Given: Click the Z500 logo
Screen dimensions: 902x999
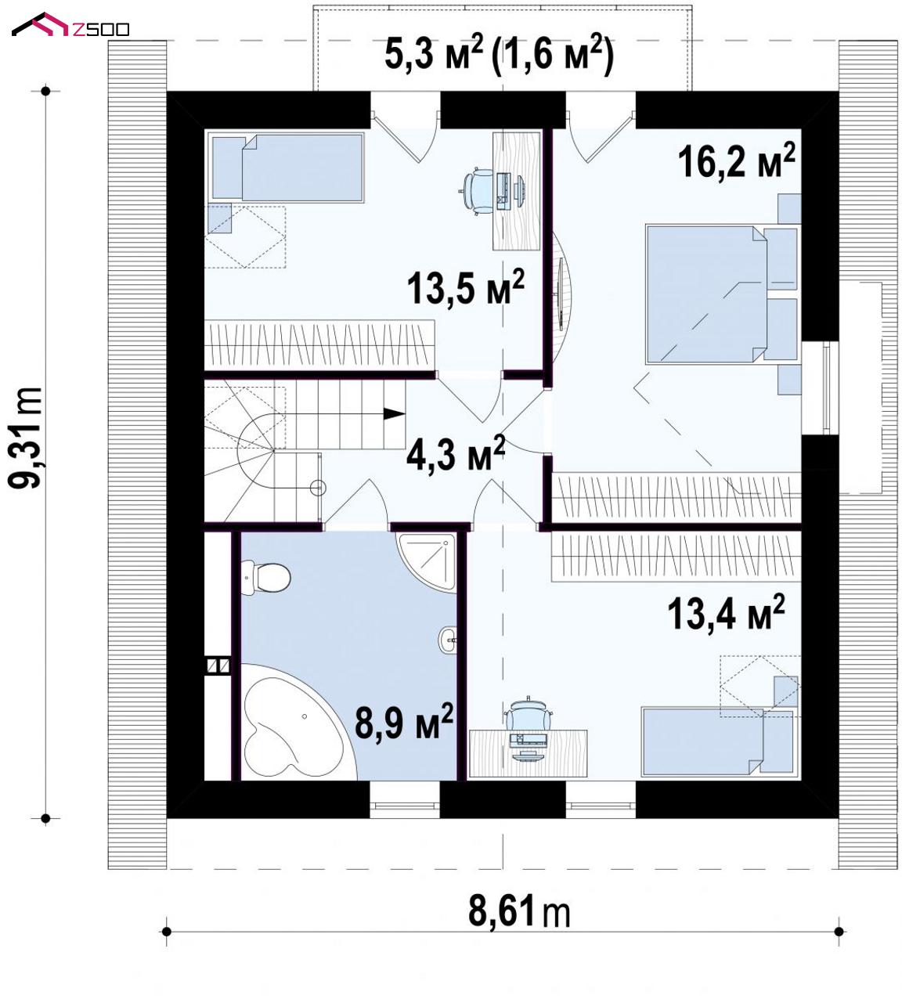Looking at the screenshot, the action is point(70,25).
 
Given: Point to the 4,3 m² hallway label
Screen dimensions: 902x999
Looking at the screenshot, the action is point(456,453).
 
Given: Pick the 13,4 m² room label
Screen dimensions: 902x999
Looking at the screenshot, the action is point(726,612).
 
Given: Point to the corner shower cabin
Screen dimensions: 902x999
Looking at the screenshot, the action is point(428,562).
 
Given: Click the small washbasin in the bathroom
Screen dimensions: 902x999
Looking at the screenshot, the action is point(448,639).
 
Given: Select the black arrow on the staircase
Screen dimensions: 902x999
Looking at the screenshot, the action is point(394,413).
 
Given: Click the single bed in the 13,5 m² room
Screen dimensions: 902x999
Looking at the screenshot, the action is point(286,168).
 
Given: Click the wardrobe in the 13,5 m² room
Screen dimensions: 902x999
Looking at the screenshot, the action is point(319,345).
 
